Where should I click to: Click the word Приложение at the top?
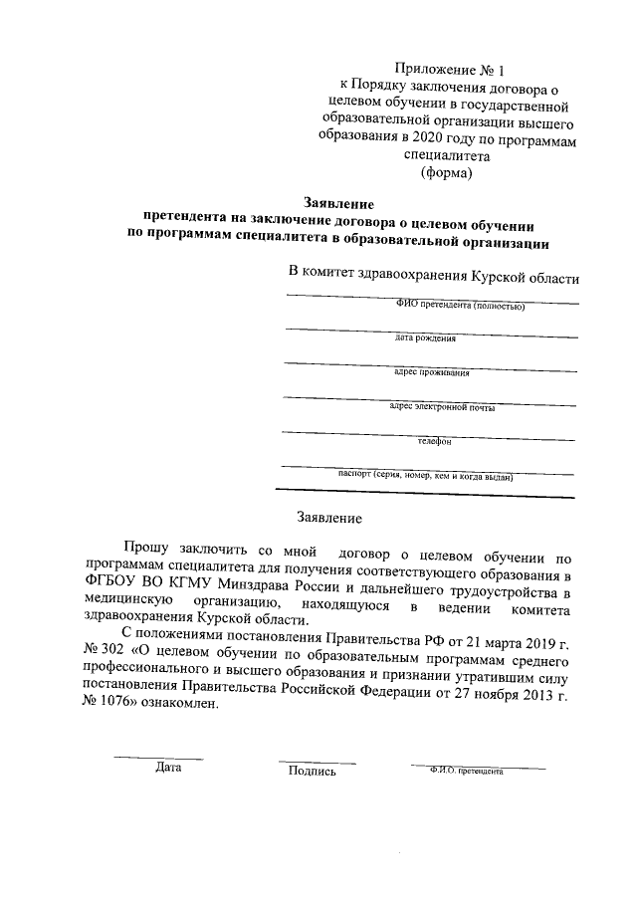(x=435, y=69)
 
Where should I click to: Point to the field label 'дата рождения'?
(x=425, y=338)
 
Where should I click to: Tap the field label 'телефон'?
(x=434, y=441)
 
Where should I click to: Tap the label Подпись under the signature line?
(x=312, y=770)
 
